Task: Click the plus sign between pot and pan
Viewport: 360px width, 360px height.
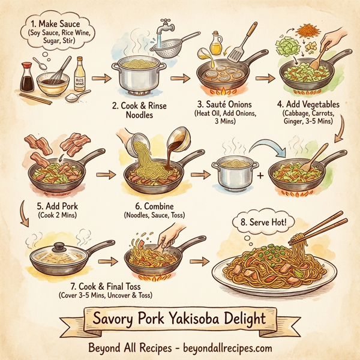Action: pos(260,176)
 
